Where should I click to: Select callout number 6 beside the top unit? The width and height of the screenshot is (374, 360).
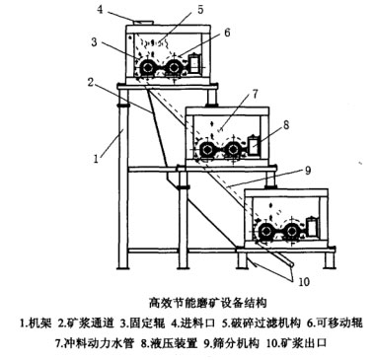pos(227,33)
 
